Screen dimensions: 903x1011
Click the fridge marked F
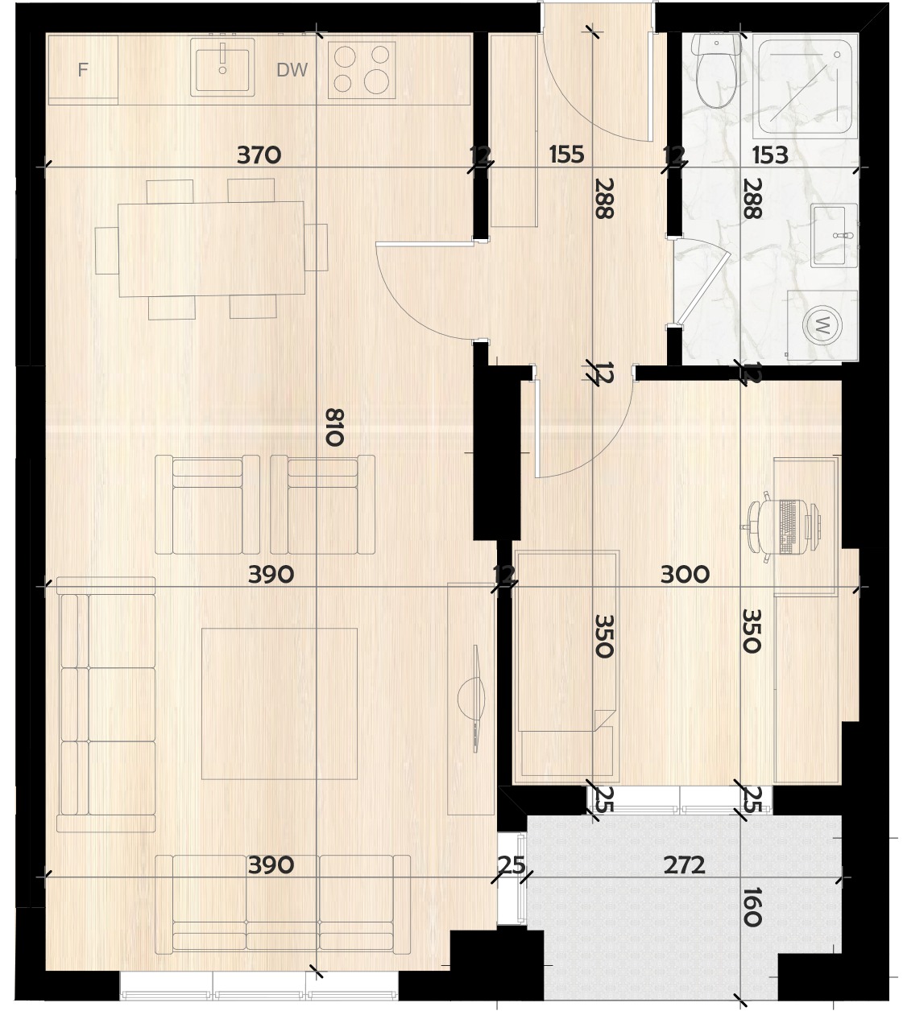click(x=83, y=69)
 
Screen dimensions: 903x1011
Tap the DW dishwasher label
click(x=292, y=70)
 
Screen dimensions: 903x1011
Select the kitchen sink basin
click(x=222, y=67)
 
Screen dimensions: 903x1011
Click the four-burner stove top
click(x=362, y=70)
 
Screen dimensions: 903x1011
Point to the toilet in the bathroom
click(x=715, y=70)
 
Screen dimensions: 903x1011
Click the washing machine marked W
click(x=822, y=325)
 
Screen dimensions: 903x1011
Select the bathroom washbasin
click(x=834, y=235)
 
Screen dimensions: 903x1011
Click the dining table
click(x=211, y=249)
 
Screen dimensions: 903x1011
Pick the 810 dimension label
click(x=334, y=427)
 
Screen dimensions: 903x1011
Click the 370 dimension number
click(x=259, y=155)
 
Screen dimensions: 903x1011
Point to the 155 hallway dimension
click(x=566, y=155)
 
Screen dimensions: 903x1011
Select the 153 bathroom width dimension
click(x=770, y=155)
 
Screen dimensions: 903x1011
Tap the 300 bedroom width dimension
click(x=685, y=575)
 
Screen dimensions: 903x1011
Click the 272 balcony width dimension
click(x=684, y=865)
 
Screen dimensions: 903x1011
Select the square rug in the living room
click(x=280, y=704)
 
